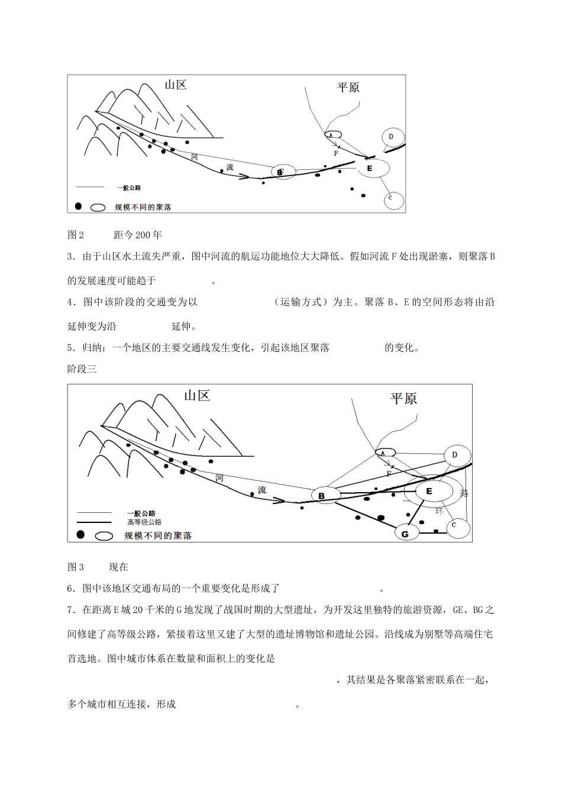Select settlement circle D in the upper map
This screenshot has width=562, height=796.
click(392, 137)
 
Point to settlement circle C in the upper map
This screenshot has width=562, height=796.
click(390, 198)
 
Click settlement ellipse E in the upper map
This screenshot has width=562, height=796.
click(371, 169)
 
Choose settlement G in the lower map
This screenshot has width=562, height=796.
click(405, 534)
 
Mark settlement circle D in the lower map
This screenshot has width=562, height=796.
click(455, 455)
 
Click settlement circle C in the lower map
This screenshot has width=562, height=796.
click(454, 525)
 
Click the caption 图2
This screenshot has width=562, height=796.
click(76, 235)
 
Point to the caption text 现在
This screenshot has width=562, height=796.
click(118, 567)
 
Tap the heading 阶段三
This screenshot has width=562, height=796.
click(82, 369)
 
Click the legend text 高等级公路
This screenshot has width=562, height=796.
click(144, 522)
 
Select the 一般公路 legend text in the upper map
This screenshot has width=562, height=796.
click(129, 188)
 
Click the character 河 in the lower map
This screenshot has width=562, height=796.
click(219, 477)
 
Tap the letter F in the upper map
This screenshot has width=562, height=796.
click(335, 153)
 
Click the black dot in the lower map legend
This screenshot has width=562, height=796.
click(80, 535)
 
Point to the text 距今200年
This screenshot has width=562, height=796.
click(137, 235)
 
